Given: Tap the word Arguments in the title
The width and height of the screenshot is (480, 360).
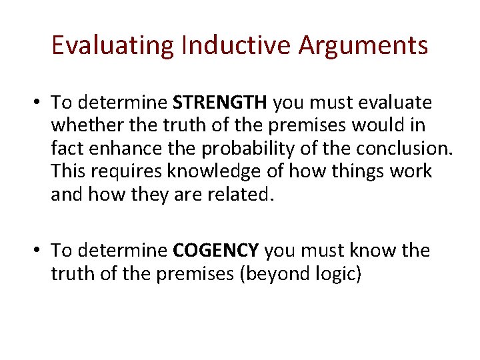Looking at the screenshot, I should [x=363, y=45].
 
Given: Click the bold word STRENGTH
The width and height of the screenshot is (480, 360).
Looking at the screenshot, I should [x=220, y=103].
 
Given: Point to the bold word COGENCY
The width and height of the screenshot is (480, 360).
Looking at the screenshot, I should [x=215, y=251].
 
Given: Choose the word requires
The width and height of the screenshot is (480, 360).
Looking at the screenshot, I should [x=128, y=171].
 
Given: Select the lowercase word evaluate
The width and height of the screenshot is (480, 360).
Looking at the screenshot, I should [x=397, y=103].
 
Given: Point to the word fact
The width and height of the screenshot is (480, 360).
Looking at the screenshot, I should [x=65, y=148].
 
